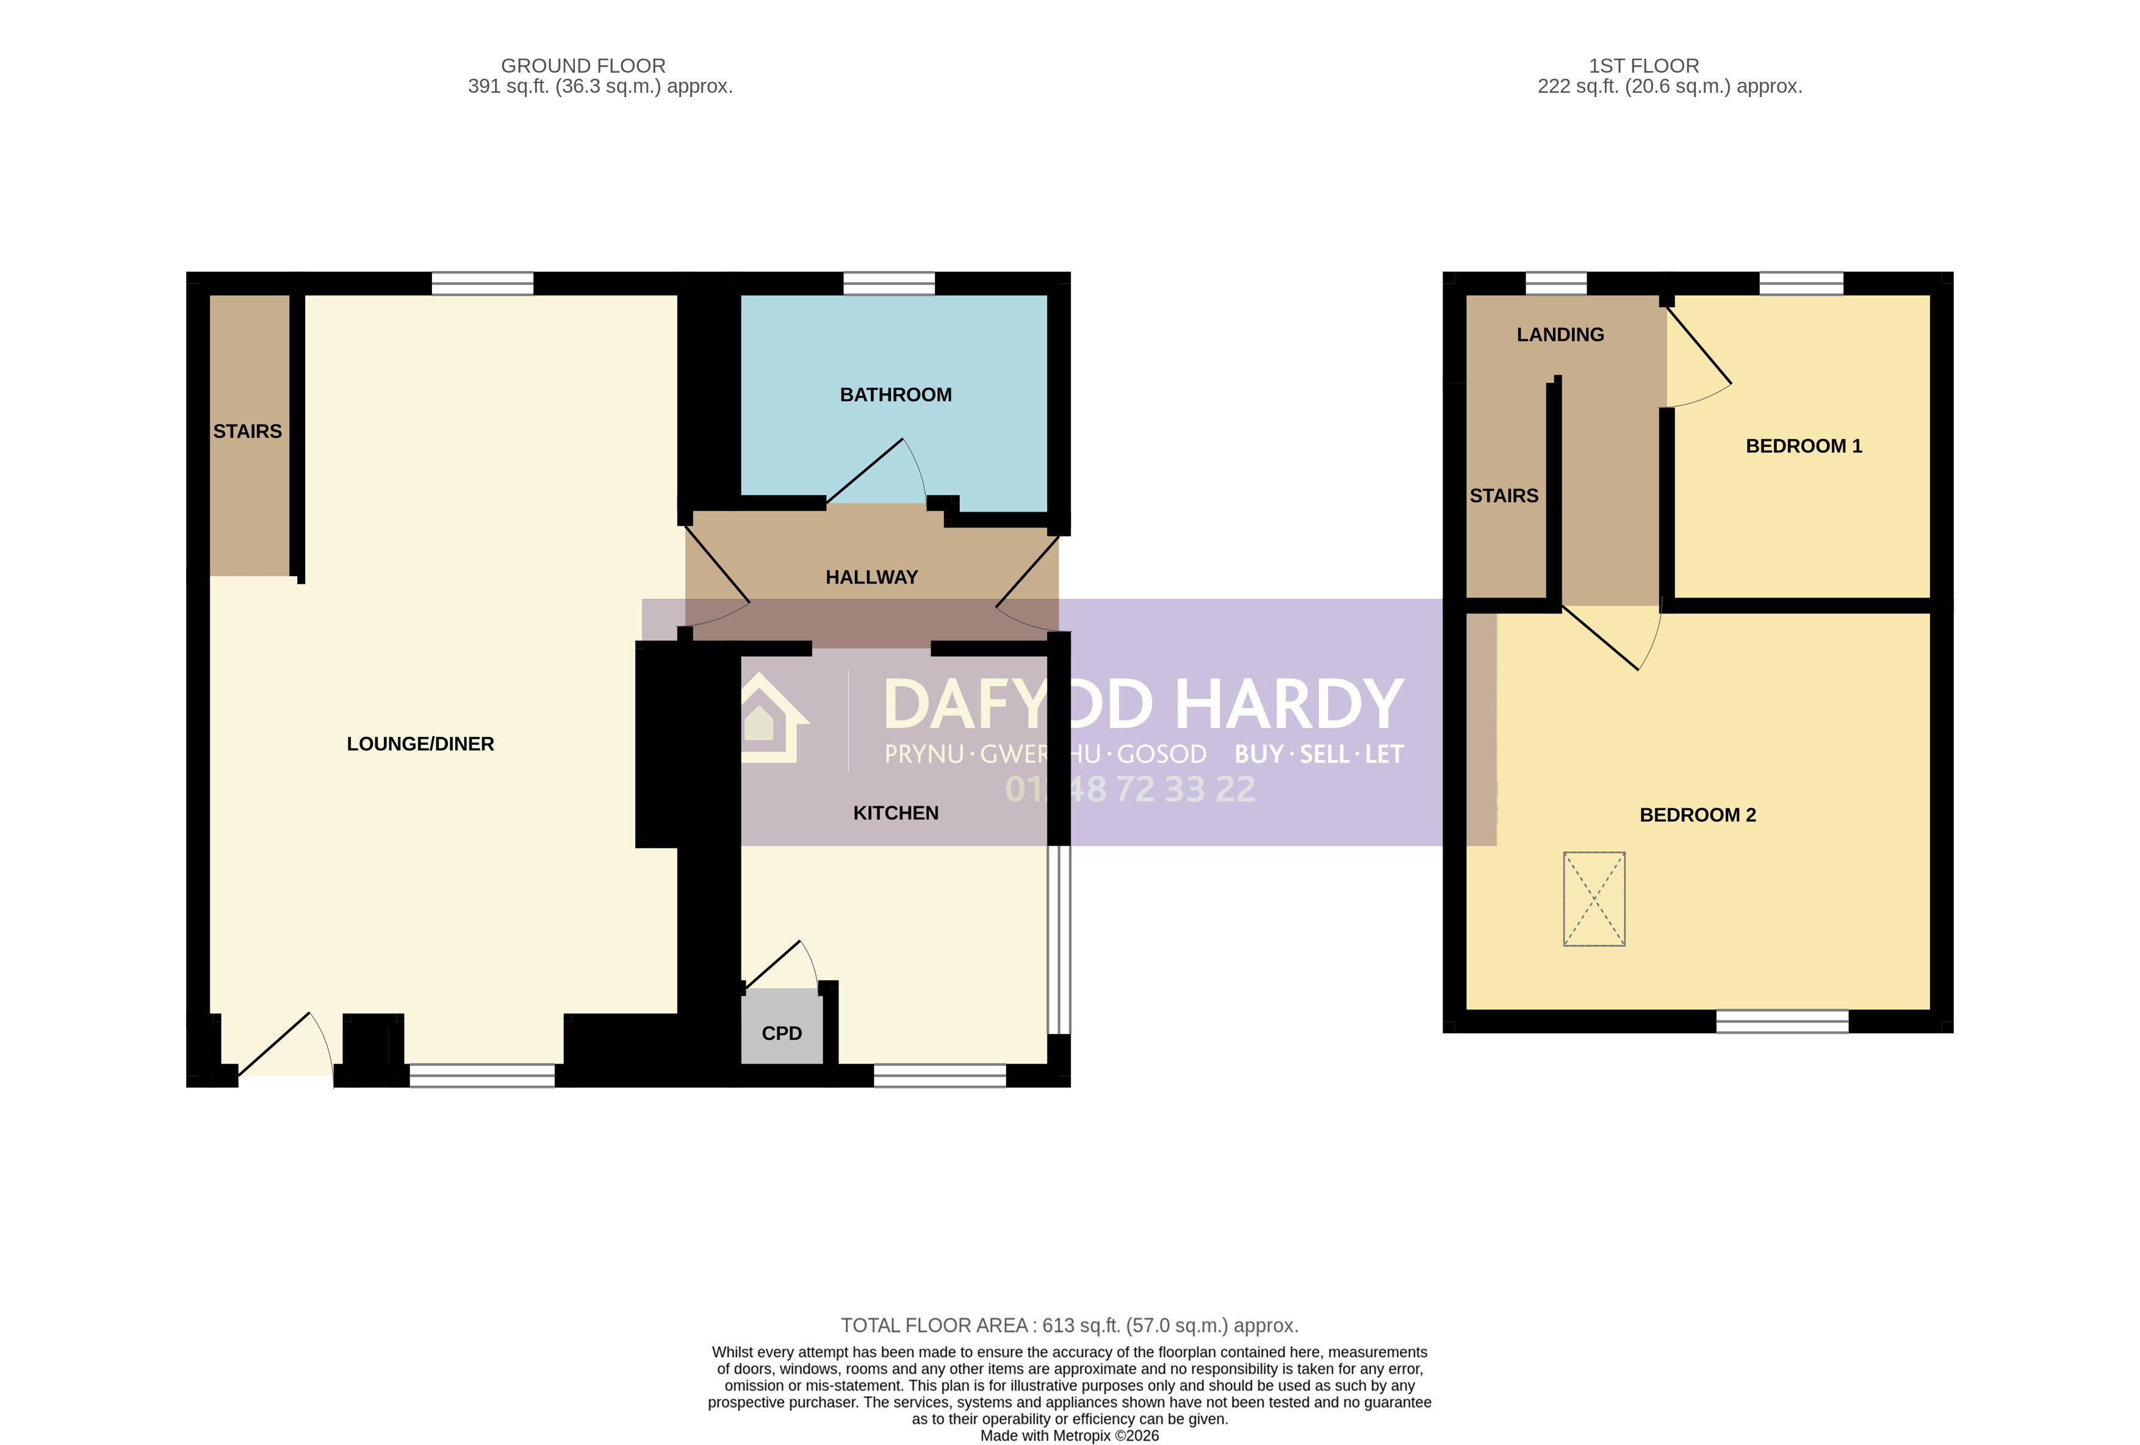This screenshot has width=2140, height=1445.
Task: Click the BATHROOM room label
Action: [x=895, y=395]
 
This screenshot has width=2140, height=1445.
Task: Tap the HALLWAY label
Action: [x=871, y=578]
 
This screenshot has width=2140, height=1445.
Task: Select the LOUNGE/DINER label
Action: [x=420, y=744]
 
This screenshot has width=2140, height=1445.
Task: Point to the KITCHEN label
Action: [x=895, y=813]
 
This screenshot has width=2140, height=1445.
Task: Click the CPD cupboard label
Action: [x=782, y=1034]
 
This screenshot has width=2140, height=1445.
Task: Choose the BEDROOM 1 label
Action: [x=1803, y=447]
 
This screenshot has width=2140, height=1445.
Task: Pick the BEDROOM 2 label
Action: [x=1697, y=815]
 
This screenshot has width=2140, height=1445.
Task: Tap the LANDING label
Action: [x=1560, y=335]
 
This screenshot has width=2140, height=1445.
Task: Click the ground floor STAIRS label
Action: [x=248, y=432]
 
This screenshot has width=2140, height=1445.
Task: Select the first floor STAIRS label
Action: [x=1504, y=496]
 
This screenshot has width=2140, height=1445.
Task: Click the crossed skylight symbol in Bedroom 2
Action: [x=1594, y=899]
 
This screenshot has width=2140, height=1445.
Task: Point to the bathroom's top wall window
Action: [x=888, y=284]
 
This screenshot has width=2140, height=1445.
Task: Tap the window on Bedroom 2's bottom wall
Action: [x=1782, y=1021]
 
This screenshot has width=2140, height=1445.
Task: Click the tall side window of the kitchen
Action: [x=1059, y=940]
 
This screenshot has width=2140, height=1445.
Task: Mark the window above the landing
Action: [x=1556, y=284]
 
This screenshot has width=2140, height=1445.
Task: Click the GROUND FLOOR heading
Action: [x=583, y=67]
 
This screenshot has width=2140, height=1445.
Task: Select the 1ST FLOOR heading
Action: [x=1644, y=67]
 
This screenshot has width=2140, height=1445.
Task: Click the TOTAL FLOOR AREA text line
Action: [x=1069, y=1326]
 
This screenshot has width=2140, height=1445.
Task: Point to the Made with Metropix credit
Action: [x=1069, y=1436]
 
